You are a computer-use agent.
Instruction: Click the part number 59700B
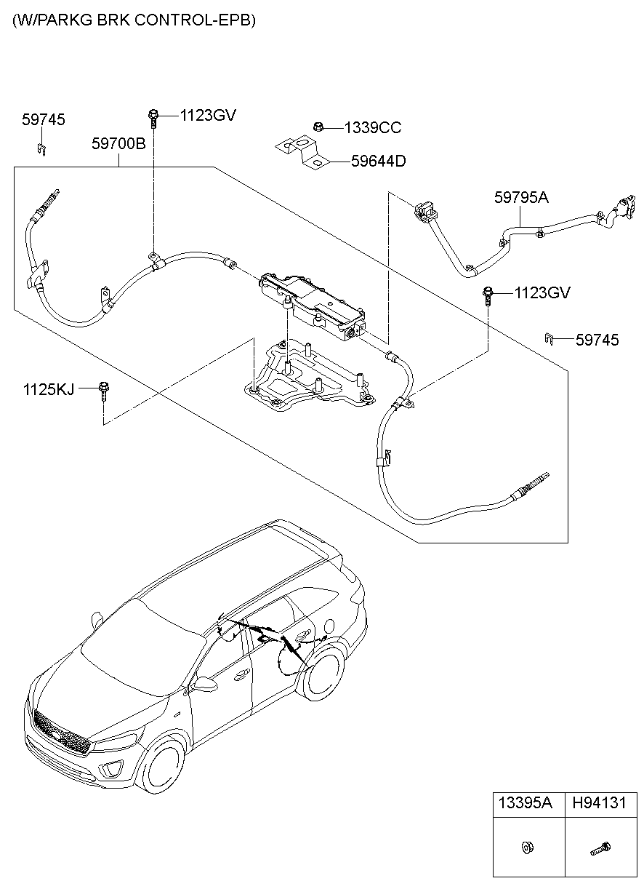pyautogui.click(x=118, y=144)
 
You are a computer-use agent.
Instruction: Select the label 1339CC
pyautogui.click(x=372, y=128)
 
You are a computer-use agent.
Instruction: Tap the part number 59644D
pyautogui.click(x=378, y=161)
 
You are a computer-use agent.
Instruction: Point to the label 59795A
pyautogui.click(x=521, y=197)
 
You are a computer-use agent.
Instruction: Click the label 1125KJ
pyautogui.click(x=48, y=390)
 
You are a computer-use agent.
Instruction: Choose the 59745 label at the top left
pyautogui.click(x=43, y=120)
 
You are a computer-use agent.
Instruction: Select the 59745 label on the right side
pyautogui.click(x=597, y=340)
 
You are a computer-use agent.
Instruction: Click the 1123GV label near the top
pyautogui.click(x=208, y=115)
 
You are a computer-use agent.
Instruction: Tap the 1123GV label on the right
pyautogui.click(x=542, y=293)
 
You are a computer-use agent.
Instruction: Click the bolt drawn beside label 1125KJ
pyautogui.click(x=104, y=389)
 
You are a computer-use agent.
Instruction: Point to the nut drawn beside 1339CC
pyautogui.click(x=318, y=127)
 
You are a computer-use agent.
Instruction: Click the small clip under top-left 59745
pyautogui.click(x=42, y=150)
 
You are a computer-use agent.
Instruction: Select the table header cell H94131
pyautogui.click(x=599, y=803)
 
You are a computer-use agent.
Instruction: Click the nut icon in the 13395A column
pyautogui.click(x=525, y=847)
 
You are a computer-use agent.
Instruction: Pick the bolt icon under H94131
pyautogui.click(x=600, y=848)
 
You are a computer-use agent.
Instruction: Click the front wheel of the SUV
pyautogui.click(x=163, y=768)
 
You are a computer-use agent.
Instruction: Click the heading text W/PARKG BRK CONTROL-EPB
pyautogui.click(x=134, y=20)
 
